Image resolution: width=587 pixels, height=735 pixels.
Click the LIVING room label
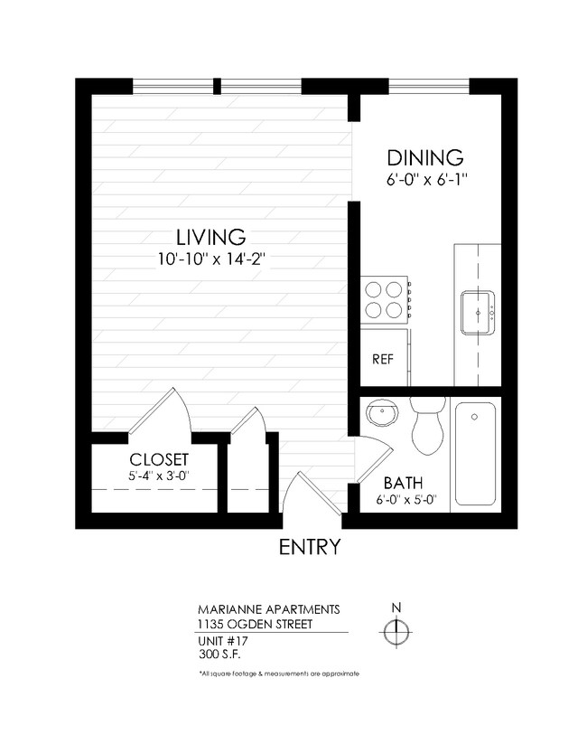click(x=210, y=237)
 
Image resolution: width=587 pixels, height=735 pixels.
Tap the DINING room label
click(x=424, y=157)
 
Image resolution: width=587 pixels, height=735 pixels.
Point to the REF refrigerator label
click(x=383, y=359)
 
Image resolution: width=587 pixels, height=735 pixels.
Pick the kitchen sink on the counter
click(x=477, y=310)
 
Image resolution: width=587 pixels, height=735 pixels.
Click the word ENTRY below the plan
click(x=309, y=547)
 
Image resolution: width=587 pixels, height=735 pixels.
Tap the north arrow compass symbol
click(x=396, y=632)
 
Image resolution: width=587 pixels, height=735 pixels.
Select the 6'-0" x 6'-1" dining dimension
click(x=425, y=180)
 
